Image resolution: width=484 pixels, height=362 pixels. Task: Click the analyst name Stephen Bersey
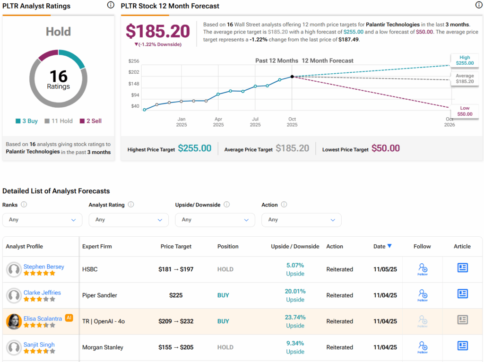43,267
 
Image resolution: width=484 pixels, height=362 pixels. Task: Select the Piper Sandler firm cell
99,295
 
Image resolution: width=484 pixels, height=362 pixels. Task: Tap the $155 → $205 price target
176,347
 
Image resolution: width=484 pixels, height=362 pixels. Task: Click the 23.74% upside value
295,317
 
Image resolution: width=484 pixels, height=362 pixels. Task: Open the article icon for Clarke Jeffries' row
462,294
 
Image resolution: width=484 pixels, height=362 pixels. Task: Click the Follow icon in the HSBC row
422,269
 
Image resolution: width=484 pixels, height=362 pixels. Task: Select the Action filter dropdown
301,220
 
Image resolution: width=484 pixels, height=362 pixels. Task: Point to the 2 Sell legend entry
90,121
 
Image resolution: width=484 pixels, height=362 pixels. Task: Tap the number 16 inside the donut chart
59,76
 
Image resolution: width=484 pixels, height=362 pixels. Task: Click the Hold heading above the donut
58,32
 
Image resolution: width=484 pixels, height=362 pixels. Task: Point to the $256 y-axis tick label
134,61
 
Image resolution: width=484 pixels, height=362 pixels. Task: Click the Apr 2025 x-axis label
218,122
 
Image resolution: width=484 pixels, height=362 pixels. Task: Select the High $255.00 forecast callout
464,60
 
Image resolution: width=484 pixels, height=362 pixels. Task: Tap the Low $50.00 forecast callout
464,111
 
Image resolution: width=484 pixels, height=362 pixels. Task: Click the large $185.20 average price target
158,31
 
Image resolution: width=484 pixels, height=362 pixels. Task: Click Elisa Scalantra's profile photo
14,321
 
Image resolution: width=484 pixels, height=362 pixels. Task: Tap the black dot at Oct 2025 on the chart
292,77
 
